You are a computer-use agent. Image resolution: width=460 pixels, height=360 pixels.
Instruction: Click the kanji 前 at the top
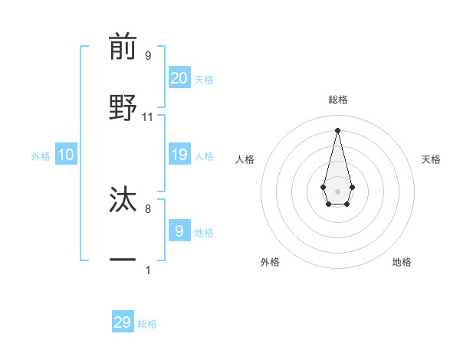[123, 47]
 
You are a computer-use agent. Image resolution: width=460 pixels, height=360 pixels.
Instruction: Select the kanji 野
[123, 108]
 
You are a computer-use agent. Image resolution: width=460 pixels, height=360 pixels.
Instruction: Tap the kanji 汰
[123, 200]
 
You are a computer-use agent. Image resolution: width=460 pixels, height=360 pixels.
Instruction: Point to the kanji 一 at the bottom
[123, 260]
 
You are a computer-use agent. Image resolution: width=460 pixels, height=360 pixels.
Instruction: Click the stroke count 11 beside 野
[148, 117]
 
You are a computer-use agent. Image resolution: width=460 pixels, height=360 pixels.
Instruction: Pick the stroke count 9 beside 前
[148, 56]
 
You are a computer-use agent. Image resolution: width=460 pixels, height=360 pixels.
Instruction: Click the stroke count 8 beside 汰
[148, 208]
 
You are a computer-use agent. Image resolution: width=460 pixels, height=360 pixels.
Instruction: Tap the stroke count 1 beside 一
[148, 270]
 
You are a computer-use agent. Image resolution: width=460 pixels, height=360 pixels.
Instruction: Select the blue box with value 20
[179, 78]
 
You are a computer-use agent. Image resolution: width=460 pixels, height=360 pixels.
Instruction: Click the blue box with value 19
[179, 155]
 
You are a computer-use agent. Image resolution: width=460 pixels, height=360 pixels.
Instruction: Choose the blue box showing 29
[123, 322]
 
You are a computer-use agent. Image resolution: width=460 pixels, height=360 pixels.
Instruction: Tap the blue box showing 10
[66, 155]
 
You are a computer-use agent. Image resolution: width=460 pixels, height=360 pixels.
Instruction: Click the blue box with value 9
[179, 231]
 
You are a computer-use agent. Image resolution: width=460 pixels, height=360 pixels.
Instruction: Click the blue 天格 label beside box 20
[204, 80]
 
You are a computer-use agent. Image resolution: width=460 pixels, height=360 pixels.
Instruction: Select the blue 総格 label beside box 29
[147, 324]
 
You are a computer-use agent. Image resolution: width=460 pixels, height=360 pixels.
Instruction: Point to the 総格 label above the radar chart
[337, 100]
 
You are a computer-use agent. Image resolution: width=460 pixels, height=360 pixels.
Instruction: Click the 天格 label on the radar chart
[432, 159]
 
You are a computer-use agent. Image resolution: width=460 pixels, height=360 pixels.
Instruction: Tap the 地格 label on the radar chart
[402, 262]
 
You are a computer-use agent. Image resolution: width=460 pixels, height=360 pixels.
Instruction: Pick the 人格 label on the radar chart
[245, 159]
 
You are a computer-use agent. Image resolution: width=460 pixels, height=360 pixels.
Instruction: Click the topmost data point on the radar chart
[337, 129]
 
